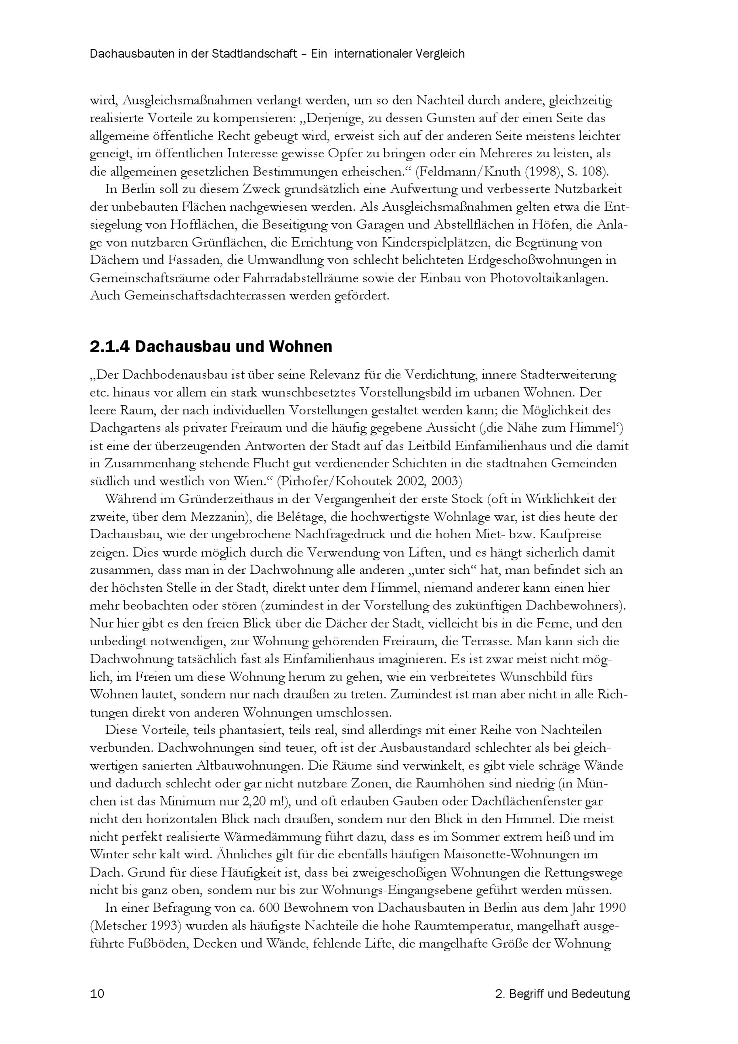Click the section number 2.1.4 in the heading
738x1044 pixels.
tap(110, 347)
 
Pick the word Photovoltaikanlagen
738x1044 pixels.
tap(548, 278)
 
